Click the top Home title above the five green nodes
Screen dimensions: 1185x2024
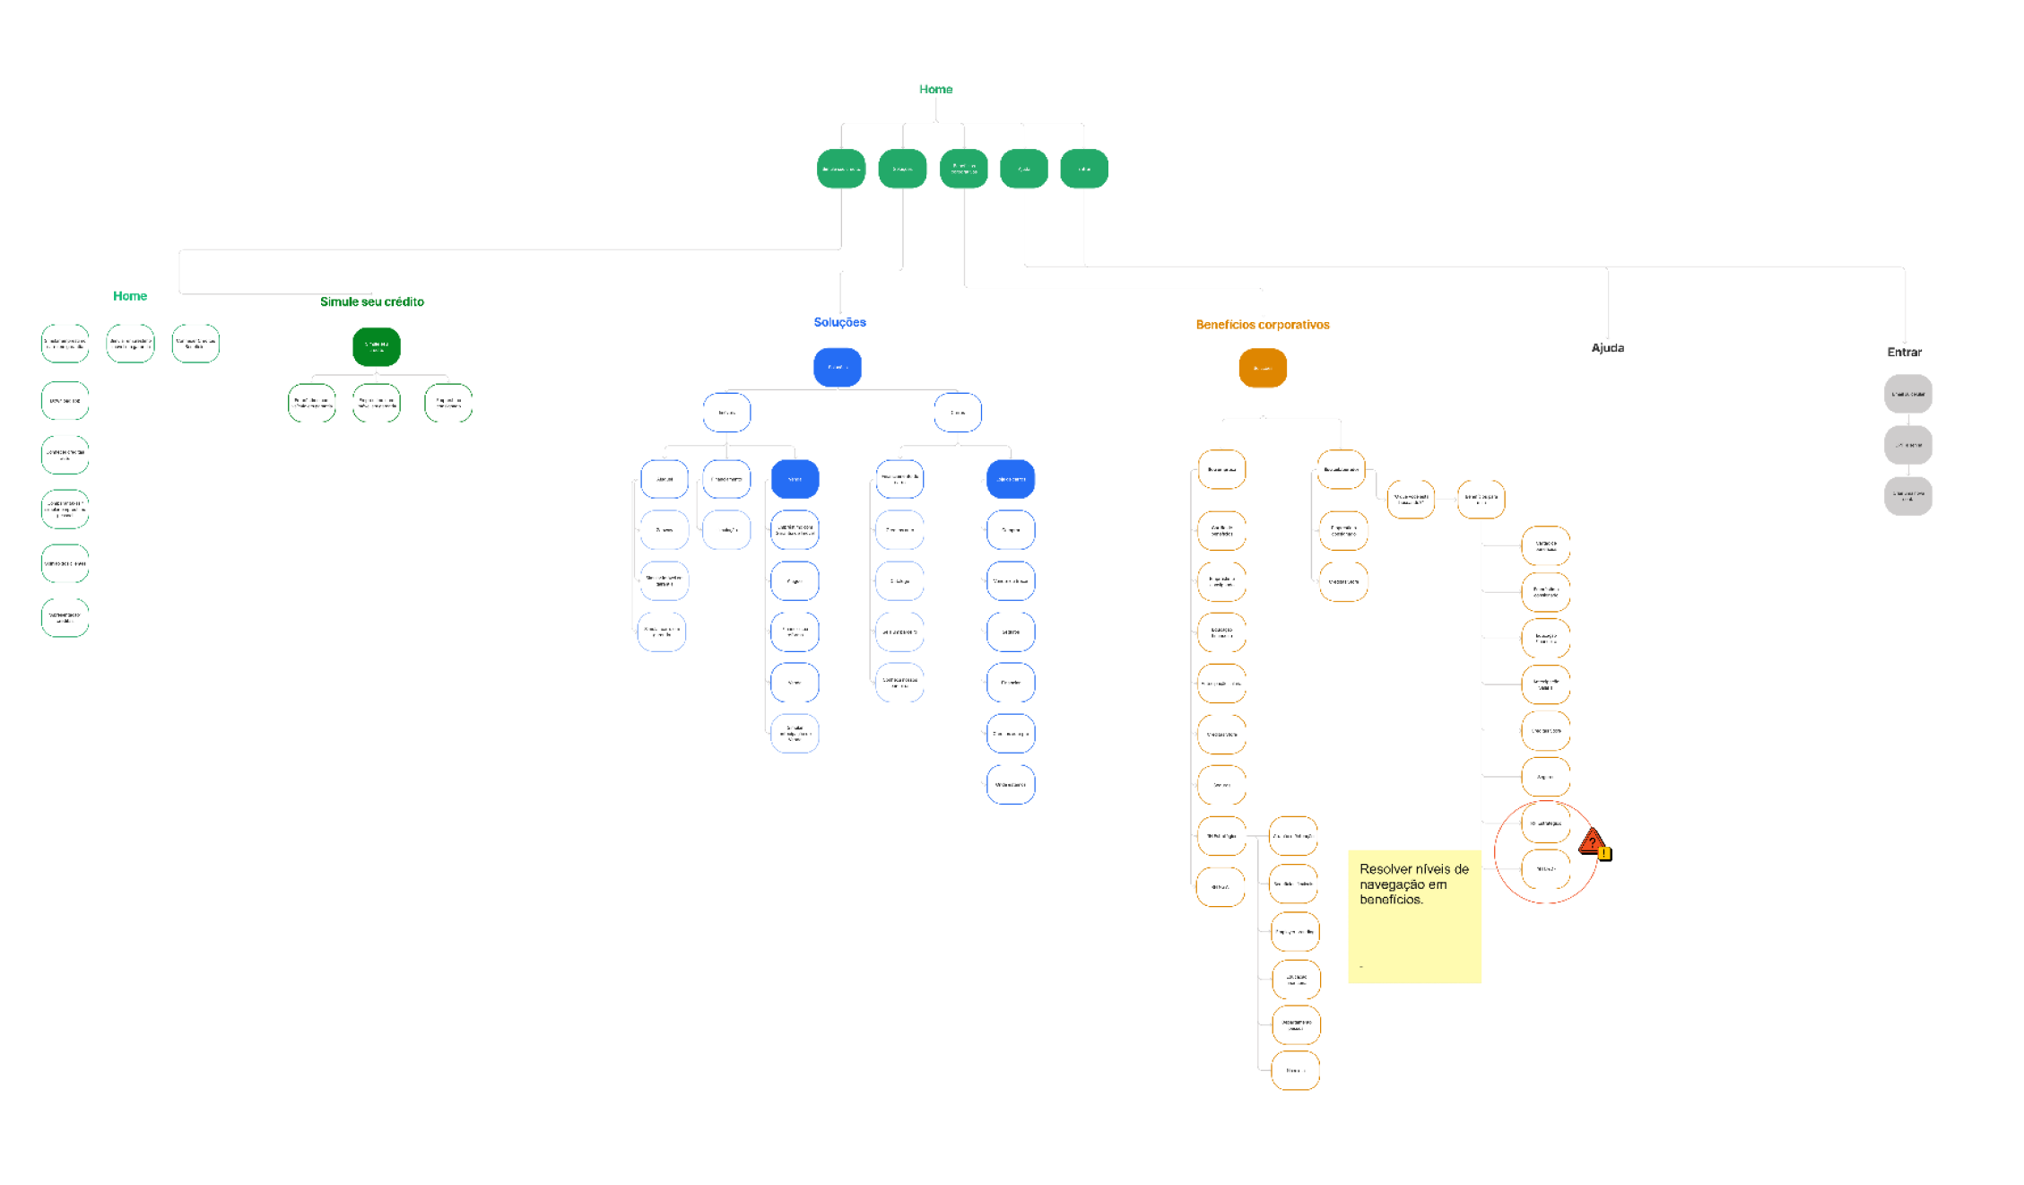pyautogui.click(x=935, y=89)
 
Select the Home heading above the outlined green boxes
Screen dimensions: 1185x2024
pyautogui.click(x=130, y=296)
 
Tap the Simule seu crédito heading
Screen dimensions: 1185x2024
pyautogui.click(x=372, y=301)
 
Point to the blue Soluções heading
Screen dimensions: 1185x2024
pyautogui.click(x=839, y=322)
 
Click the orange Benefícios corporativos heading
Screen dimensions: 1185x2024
pyautogui.click(x=1263, y=325)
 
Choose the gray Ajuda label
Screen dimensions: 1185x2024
pyautogui.click(x=1607, y=347)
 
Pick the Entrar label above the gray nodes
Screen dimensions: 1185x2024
pyautogui.click(x=1904, y=352)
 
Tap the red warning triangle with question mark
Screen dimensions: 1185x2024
pyautogui.click(x=1590, y=841)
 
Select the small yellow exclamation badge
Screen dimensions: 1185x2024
pyautogui.click(x=1604, y=853)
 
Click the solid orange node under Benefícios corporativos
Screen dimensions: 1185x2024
pyautogui.click(x=1263, y=368)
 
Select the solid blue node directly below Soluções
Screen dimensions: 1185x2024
pyautogui.click(x=838, y=367)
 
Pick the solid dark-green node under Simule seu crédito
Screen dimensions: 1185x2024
pyautogui.click(x=377, y=346)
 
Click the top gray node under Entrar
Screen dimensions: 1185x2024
pyautogui.click(x=1907, y=394)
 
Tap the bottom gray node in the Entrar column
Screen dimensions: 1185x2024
pyautogui.click(x=1907, y=496)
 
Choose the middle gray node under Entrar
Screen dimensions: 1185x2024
pyautogui.click(x=1907, y=445)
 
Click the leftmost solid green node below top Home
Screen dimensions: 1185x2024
pyautogui.click(x=841, y=169)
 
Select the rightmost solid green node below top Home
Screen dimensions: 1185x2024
pyautogui.click(x=1083, y=169)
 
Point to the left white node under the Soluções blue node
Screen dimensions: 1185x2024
pyautogui.click(x=726, y=413)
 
